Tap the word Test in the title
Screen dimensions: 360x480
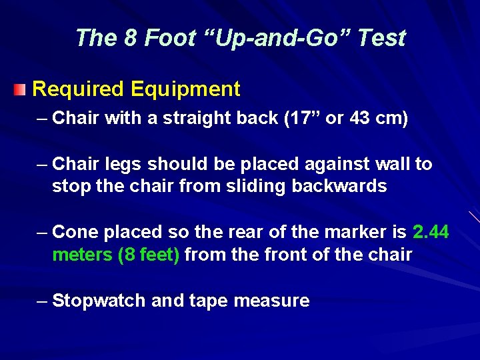tap(380, 38)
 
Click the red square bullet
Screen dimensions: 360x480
tap(21, 89)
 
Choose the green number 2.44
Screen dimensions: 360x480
tap(431, 233)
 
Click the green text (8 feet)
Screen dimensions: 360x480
tap(148, 255)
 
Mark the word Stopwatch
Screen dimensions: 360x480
tap(99, 301)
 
